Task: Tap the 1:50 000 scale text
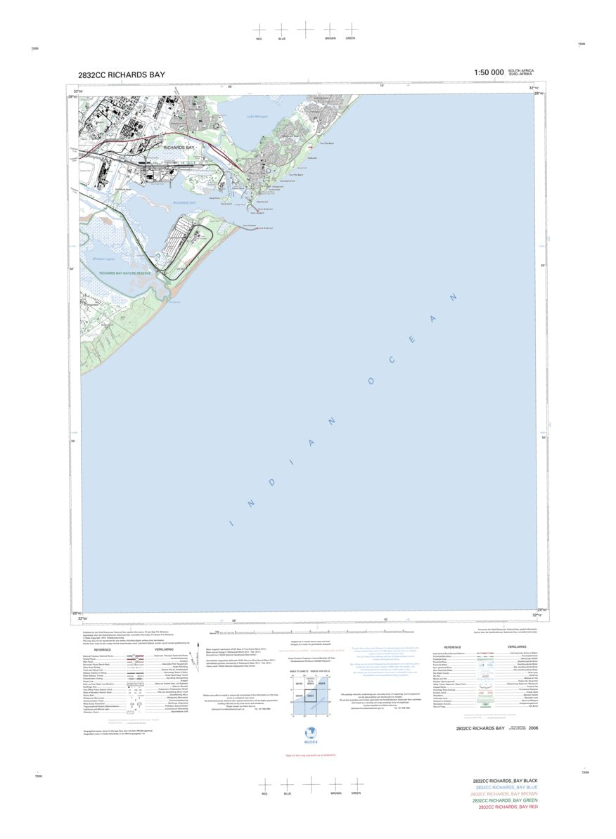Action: (489, 72)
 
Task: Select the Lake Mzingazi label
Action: (258, 117)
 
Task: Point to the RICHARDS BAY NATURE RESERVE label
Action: (124, 273)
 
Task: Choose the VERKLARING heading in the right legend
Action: (517, 646)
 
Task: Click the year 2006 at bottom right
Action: (534, 729)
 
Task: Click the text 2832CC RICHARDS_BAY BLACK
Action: (505, 781)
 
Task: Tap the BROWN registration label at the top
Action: (330, 38)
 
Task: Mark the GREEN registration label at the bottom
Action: (356, 793)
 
